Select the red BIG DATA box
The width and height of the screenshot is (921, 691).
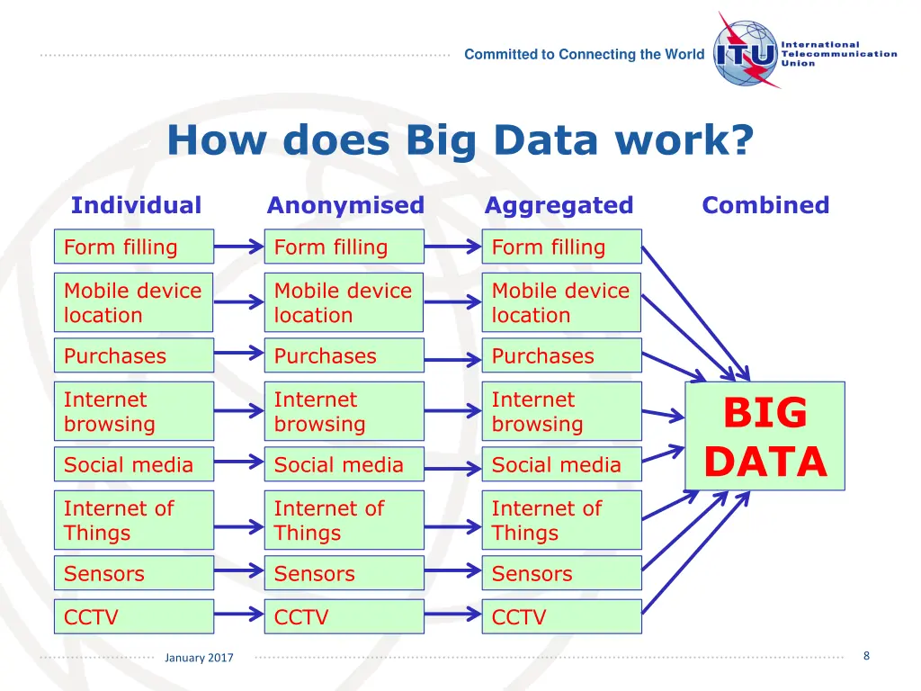pos(765,436)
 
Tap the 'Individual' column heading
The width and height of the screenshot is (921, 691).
pos(136,205)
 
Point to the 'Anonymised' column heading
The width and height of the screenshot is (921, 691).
pos(345,205)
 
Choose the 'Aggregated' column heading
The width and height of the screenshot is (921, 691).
pos(559,205)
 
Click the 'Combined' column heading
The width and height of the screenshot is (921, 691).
pos(765,205)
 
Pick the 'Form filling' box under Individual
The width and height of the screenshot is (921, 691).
pos(134,247)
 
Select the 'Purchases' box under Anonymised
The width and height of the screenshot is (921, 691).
pos(344,355)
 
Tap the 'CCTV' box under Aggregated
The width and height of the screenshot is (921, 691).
pos(561,617)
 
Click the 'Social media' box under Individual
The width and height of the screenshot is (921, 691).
pos(134,464)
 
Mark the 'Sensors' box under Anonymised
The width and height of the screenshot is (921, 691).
pos(344,573)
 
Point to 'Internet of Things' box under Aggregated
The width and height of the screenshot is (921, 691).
pos(561,520)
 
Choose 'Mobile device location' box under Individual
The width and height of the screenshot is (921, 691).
pos(134,302)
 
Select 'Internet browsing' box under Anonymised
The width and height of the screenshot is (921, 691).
pos(344,411)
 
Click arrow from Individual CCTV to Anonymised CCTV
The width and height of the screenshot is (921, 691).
pos(239,616)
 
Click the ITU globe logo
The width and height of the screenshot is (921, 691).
pos(746,53)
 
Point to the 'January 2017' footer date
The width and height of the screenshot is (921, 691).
pos(199,658)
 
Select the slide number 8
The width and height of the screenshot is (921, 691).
pos(866,656)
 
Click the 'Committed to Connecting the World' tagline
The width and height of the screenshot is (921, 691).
pos(585,54)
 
